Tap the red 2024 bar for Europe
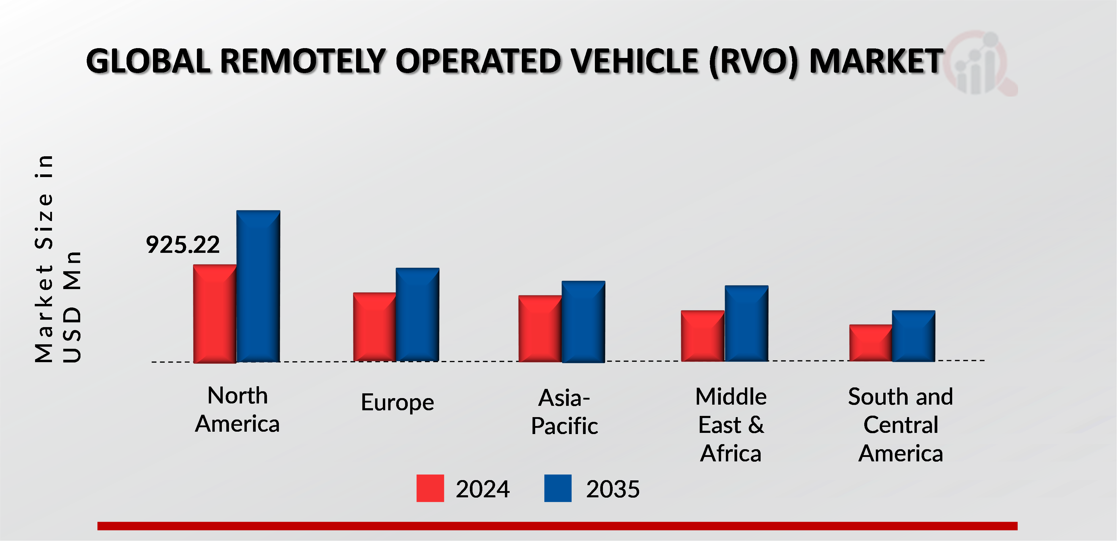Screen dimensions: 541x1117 tap(374, 327)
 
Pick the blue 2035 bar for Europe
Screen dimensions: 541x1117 tap(417, 315)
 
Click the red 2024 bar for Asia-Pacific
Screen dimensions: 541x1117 tap(540, 328)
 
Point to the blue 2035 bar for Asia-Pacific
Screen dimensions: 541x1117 tap(583, 321)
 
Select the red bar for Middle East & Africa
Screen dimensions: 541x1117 tap(702, 336)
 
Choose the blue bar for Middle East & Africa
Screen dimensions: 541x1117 tap(746, 323)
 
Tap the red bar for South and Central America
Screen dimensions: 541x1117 tap(870, 343)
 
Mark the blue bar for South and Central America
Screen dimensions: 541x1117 tap(913, 336)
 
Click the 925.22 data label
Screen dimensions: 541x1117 tap(183, 245)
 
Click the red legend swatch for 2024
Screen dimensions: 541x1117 tap(430, 488)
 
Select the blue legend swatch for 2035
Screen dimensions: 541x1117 tap(558, 488)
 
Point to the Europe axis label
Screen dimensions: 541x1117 tap(397, 403)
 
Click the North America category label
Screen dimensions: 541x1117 tap(237, 410)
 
